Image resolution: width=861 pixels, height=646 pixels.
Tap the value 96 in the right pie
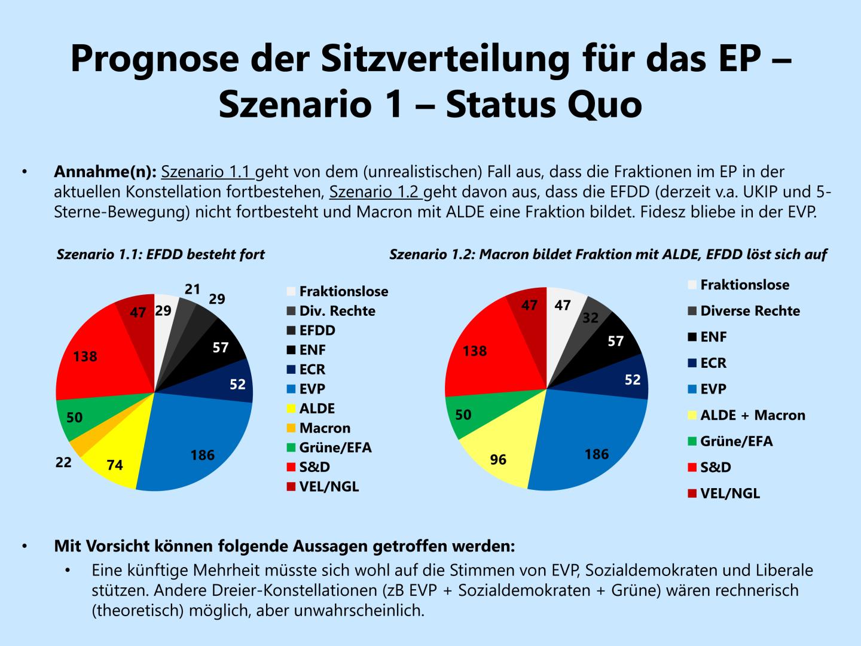pyautogui.click(x=498, y=459)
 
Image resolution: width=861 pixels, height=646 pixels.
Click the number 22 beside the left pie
pyautogui.click(x=63, y=462)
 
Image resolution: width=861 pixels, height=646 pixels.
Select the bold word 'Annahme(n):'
pyautogui.click(x=105, y=172)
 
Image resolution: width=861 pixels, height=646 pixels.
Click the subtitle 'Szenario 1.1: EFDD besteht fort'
pyautogui.click(x=160, y=254)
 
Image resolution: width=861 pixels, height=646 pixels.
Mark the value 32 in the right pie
pyautogui.click(x=590, y=318)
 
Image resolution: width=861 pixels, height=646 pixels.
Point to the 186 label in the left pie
pyautogui.click(x=202, y=455)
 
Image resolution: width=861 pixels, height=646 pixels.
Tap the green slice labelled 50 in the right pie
pyautogui.click(x=463, y=415)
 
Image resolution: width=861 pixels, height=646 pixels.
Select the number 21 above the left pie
pyautogui.click(x=192, y=290)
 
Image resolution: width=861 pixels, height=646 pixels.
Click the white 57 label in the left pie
pyautogui.click(x=221, y=347)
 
